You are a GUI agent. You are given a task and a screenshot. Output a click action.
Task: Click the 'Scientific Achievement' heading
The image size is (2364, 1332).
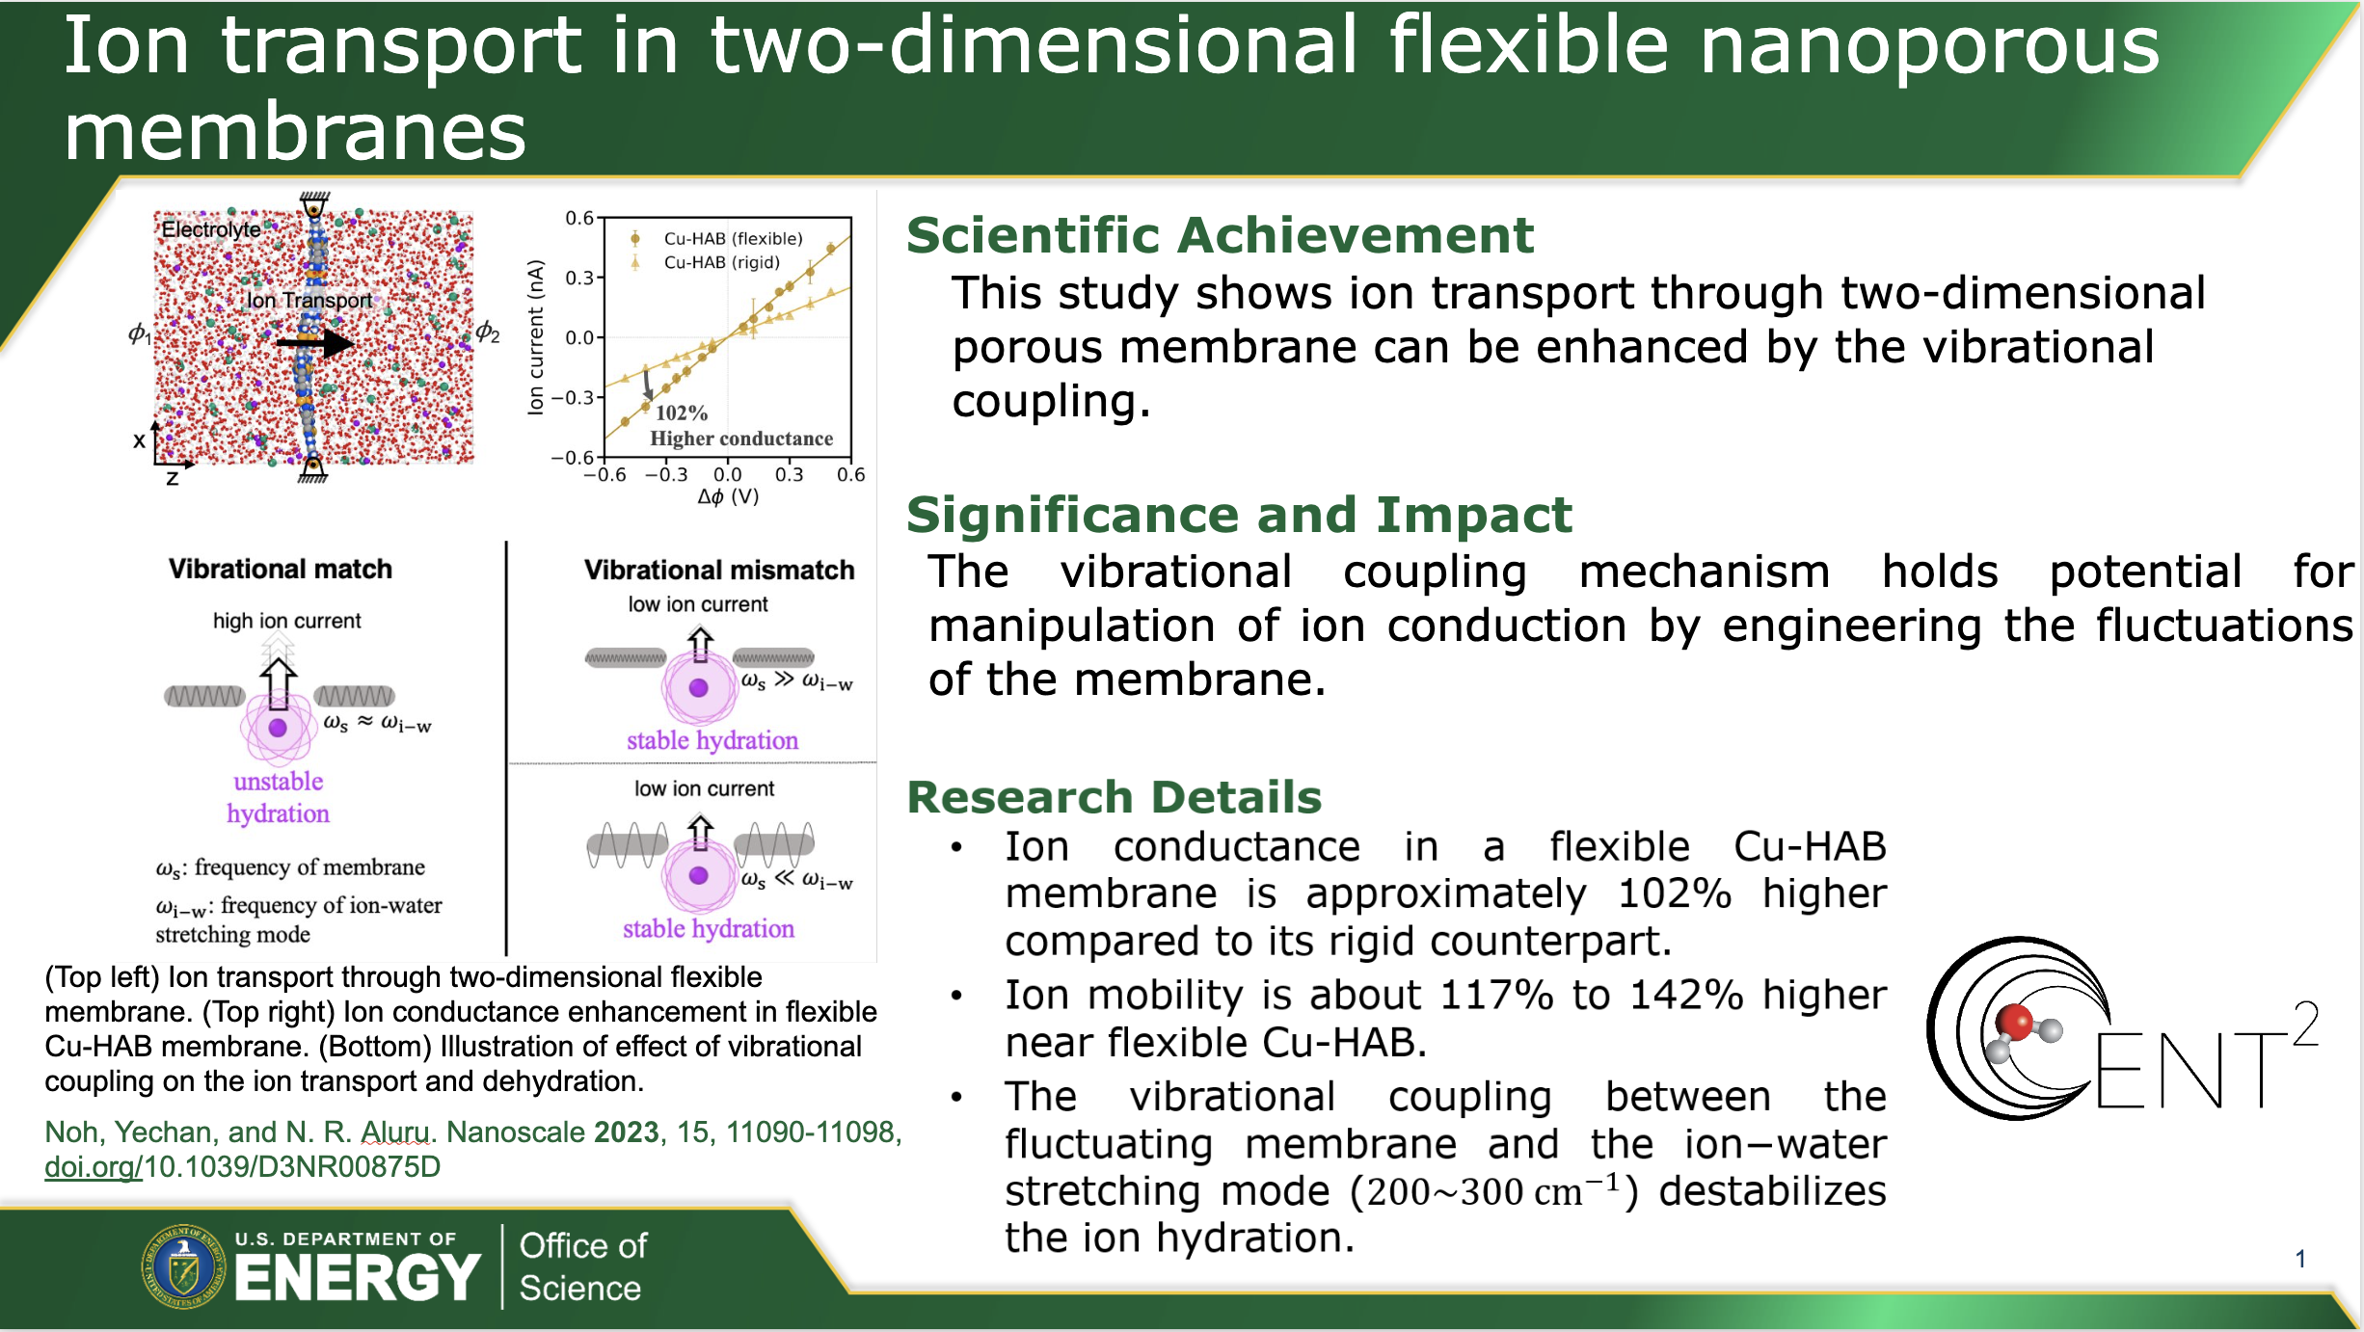pyautogui.click(x=1220, y=235)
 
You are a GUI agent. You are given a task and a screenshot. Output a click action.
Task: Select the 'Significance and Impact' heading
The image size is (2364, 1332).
pyautogui.click(x=1239, y=515)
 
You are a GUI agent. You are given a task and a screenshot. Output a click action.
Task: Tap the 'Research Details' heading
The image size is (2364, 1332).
pyautogui.click(x=1115, y=797)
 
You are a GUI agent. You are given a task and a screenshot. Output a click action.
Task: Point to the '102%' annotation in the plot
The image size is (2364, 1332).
pyautogui.click(x=682, y=413)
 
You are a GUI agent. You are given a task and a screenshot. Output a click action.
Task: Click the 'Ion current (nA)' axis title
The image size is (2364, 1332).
pyautogui.click(x=536, y=337)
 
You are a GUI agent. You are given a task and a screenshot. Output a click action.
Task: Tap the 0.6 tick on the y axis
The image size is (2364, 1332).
pyautogui.click(x=579, y=219)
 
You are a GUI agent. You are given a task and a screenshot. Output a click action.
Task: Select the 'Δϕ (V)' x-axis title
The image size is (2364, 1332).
pyautogui.click(x=728, y=496)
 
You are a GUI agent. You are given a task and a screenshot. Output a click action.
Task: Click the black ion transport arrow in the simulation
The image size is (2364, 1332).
pyautogui.click(x=314, y=342)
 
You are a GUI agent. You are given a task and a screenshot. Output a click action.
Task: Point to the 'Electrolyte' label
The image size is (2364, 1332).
pyautogui.click(x=211, y=229)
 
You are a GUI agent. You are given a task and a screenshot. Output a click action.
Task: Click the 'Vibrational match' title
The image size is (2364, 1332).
pyautogui.click(x=281, y=569)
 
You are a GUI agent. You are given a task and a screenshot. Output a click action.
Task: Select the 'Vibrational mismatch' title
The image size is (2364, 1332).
pyautogui.click(x=719, y=570)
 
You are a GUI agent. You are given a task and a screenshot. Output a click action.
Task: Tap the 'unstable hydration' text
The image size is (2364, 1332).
pyautogui.click(x=279, y=797)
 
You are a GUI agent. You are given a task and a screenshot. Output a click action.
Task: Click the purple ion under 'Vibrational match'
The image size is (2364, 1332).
pyautogui.click(x=278, y=728)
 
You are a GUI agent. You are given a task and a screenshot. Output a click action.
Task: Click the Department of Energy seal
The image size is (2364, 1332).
pyautogui.click(x=183, y=1266)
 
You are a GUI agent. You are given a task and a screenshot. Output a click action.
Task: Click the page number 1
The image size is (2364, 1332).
pyautogui.click(x=2300, y=1259)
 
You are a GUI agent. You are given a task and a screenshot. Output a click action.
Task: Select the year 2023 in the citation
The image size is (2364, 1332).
pyautogui.click(x=627, y=1132)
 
